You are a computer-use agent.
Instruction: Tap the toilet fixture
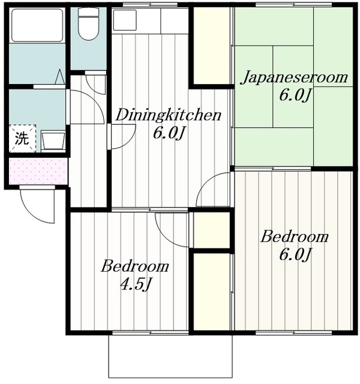click(x=89, y=24)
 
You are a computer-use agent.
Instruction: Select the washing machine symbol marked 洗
click(x=21, y=139)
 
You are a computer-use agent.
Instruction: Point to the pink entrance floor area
click(x=38, y=171)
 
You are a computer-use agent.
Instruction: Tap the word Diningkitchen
click(x=168, y=114)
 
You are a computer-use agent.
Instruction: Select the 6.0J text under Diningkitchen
click(x=167, y=133)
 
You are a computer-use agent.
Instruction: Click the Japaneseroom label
click(x=294, y=77)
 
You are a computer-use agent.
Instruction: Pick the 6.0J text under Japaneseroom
click(x=294, y=95)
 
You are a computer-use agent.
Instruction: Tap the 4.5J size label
click(x=134, y=283)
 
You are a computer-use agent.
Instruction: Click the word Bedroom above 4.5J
click(x=134, y=266)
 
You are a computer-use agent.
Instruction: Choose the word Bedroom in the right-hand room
click(x=294, y=236)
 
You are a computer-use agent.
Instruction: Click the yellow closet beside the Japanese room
click(x=211, y=45)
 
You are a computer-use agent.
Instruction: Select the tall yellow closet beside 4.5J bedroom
click(x=211, y=291)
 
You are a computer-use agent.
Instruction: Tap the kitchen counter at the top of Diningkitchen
click(x=150, y=21)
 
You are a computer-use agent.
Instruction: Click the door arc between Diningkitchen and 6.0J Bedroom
click(x=215, y=191)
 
